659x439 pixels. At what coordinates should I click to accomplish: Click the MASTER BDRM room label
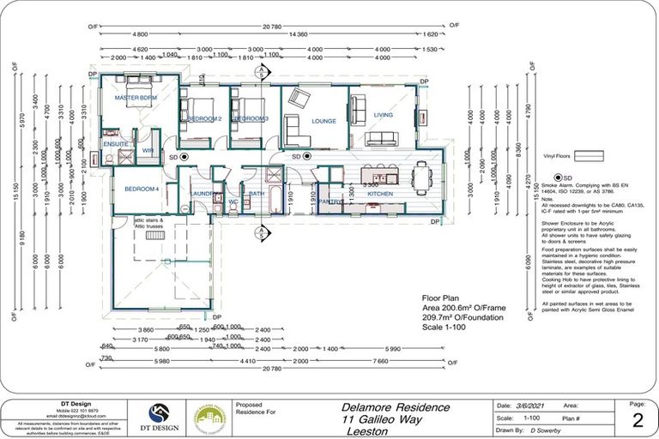tap(136, 99)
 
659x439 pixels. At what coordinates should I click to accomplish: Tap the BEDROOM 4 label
tap(142, 188)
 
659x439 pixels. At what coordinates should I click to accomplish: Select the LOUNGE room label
tap(323, 122)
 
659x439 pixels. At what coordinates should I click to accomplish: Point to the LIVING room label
tap(383, 114)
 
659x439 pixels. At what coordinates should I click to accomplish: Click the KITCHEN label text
tap(380, 194)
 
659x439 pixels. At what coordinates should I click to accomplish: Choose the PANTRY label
tap(330, 201)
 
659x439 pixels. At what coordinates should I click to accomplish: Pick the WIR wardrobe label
tap(148, 151)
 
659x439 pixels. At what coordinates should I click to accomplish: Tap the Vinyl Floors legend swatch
tap(588, 156)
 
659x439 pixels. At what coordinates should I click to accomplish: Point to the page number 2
tap(636, 419)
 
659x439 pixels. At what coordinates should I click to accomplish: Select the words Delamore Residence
tap(396, 406)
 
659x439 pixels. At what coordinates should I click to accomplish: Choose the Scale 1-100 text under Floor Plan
tap(445, 327)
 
